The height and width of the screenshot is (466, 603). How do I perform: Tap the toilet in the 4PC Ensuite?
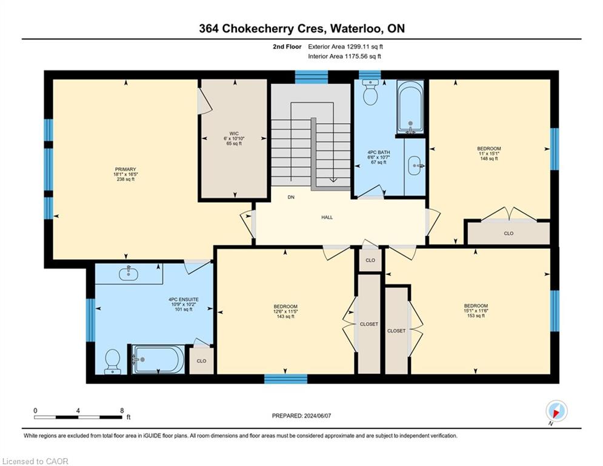pos(113,362)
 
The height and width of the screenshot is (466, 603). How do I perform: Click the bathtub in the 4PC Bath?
pos(411,107)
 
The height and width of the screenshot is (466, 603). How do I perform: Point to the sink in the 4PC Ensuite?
pos(128,274)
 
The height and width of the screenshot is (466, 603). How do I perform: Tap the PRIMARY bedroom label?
pos(125,169)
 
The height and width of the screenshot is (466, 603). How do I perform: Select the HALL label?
pos(327,217)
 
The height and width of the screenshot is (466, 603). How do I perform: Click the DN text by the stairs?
pos(291,197)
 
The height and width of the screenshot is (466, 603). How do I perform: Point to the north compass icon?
pos(556,411)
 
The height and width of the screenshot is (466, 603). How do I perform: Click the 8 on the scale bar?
pos(122,410)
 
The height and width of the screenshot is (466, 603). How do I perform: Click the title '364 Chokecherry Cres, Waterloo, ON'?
pos(301,29)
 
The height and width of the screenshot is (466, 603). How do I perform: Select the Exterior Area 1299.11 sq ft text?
pos(345,46)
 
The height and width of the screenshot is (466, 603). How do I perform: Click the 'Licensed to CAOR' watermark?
pos(36,461)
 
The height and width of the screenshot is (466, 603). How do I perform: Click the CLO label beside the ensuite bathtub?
pos(201,360)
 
